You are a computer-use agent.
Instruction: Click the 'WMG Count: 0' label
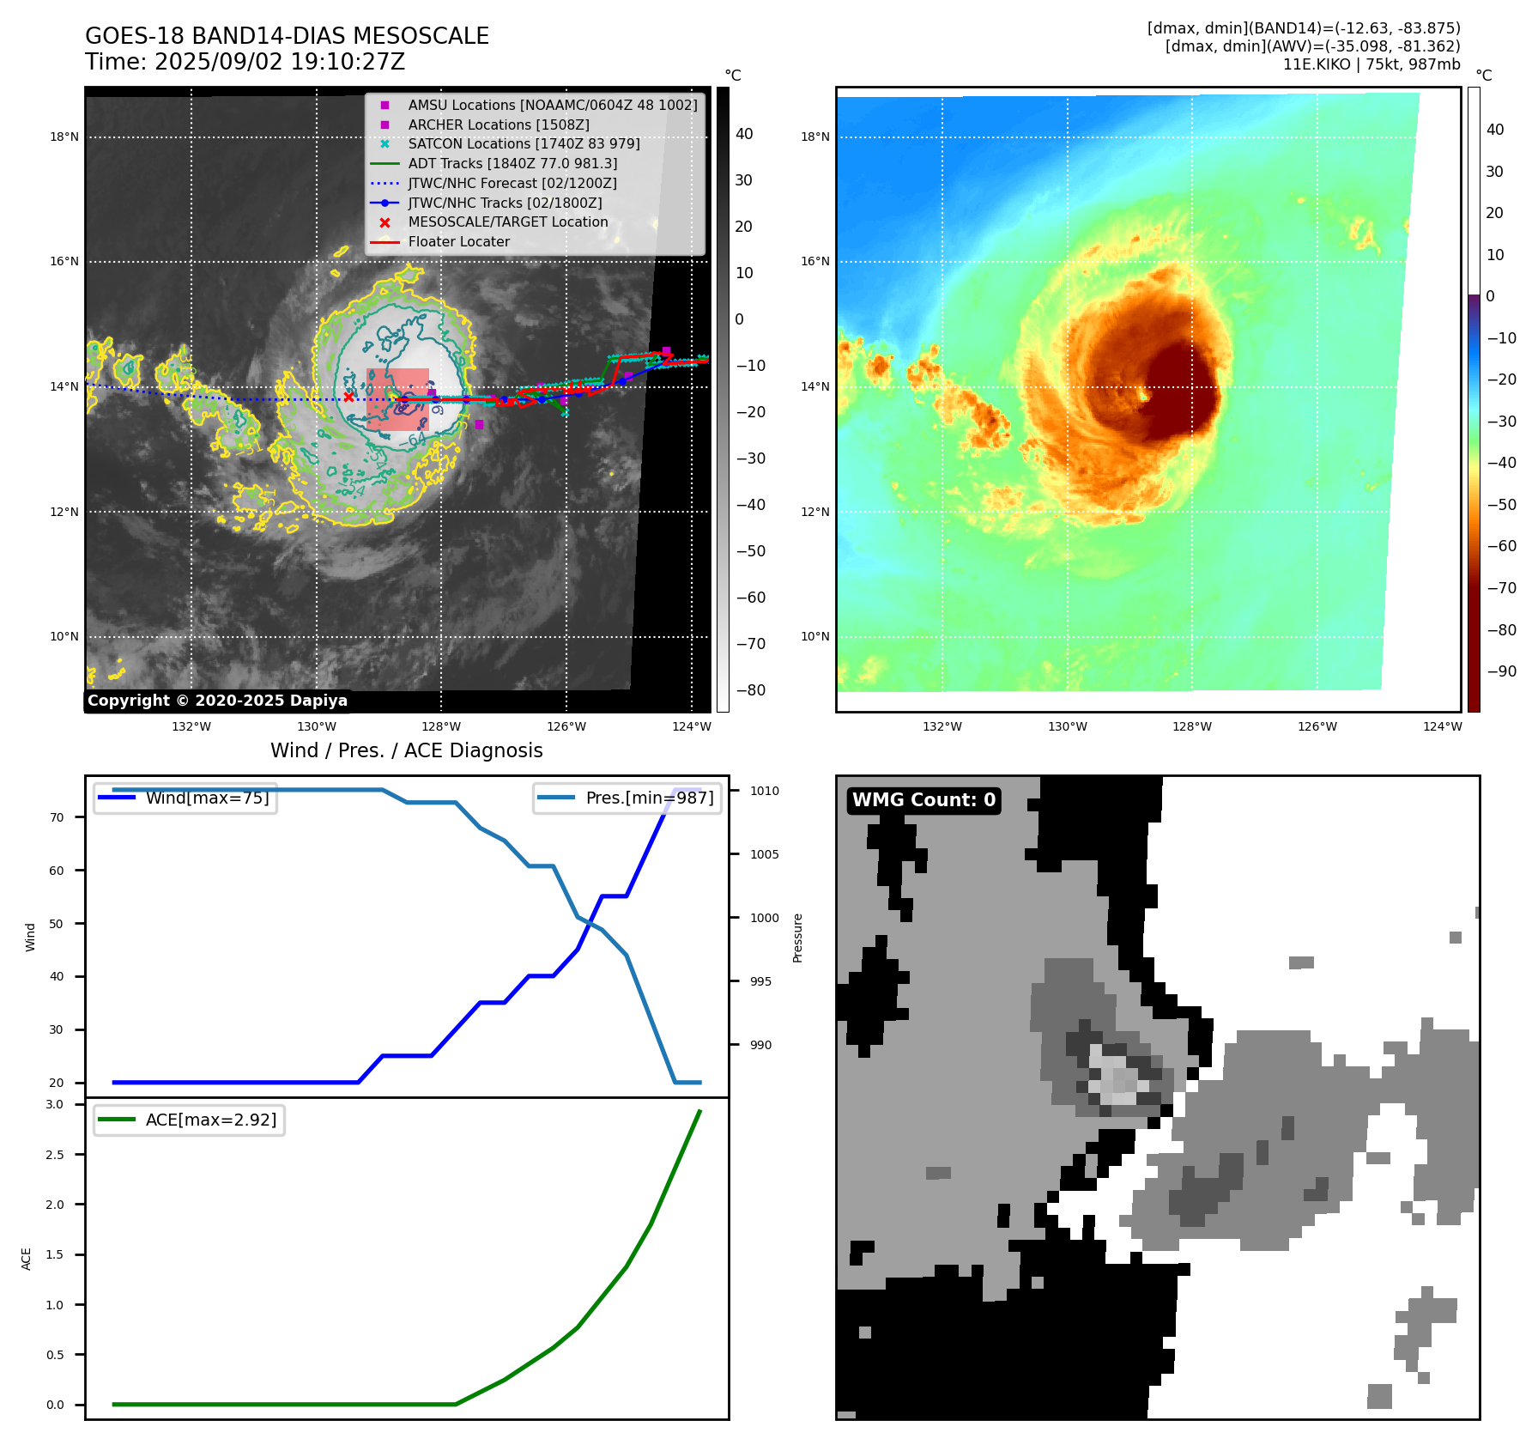point(923,800)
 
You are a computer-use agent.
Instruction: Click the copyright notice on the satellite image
point(217,701)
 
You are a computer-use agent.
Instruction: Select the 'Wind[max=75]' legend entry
point(207,798)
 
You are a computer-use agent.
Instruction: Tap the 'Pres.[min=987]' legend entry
point(649,798)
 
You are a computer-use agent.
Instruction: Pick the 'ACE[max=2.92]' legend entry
point(210,1120)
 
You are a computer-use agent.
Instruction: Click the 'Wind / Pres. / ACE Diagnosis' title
point(406,750)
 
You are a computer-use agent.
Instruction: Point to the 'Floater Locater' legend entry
point(458,241)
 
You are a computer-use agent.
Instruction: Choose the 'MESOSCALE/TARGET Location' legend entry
point(507,222)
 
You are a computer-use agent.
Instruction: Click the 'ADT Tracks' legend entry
point(512,163)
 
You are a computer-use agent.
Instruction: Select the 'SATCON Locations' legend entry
point(524,143)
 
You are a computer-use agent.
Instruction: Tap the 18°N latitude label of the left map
point(64,137)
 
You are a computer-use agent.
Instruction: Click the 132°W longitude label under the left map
point(191,726)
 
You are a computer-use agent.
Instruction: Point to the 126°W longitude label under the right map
point(1317,726)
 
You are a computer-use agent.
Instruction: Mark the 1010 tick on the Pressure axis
point(764,791)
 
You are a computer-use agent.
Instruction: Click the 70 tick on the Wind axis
point(57,817)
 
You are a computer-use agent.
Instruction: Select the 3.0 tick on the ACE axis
point(55,1104)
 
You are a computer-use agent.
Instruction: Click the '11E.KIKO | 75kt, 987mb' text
point(1371,64)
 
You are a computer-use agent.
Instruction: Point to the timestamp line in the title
point(245,62)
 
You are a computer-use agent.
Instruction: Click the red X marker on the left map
point(348,397)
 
